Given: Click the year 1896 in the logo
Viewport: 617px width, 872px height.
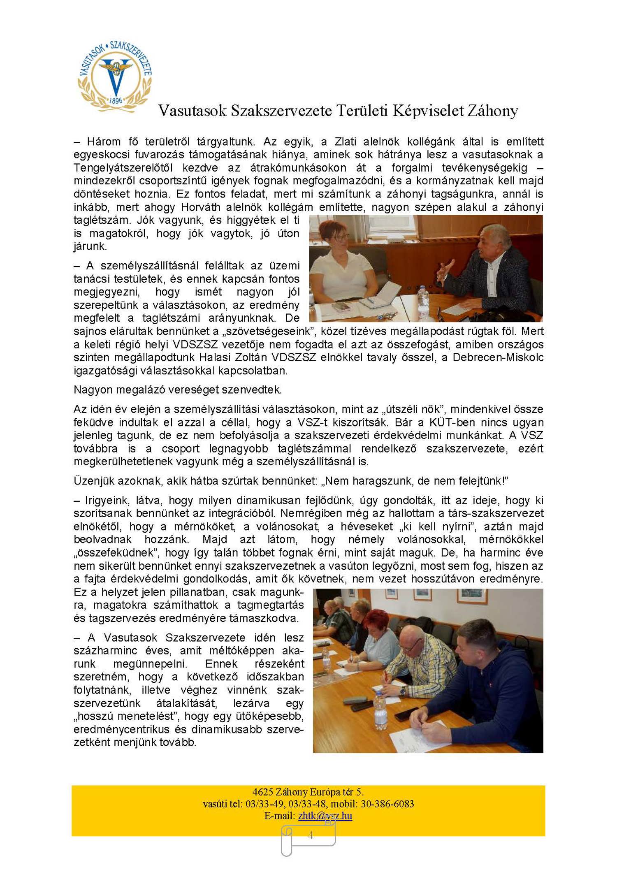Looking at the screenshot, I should click(x=116, y=100).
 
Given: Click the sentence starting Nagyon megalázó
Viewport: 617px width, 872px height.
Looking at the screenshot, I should click(x=178, y=390).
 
